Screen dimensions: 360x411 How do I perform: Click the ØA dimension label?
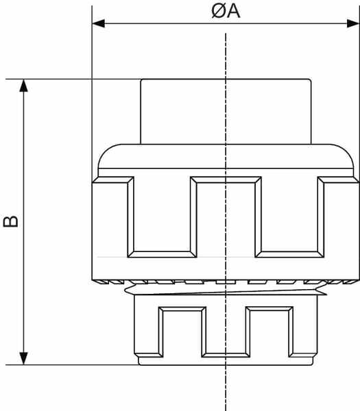tap(226, 11)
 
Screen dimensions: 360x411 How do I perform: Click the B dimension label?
tap(11, 221)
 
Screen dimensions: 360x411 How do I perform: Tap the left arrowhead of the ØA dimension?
tap(99, 23)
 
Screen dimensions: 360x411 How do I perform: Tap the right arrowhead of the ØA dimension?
tap(353, 23)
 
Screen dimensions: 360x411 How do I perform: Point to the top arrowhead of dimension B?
tap(23, 86)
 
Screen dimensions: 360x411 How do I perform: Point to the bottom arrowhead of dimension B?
tap(23, 358)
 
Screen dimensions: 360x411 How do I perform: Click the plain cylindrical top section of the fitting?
tap(226, 112)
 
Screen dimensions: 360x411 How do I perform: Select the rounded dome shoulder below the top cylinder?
tap(226, 156)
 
